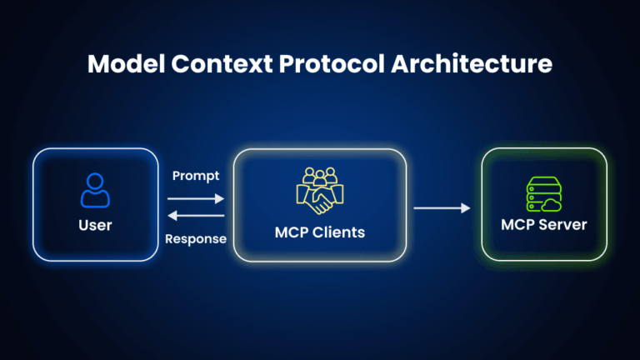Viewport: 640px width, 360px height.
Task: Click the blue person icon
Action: pyautogui.click(x=95, y=190)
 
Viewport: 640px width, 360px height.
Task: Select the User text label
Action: pyautogui.click(x=95, y=225)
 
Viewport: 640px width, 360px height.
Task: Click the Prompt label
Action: pyautogui.click(x=196, y=176)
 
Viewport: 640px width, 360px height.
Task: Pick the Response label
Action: pyautogui.click(x=196, y=239)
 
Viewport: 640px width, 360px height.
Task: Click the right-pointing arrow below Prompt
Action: pyautogui.click(x=196, y=198)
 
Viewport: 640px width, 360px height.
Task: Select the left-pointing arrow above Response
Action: pyautogui.click(x=196, y=216)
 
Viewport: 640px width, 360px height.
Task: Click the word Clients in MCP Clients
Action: pyautogui.click(x=337, y=232)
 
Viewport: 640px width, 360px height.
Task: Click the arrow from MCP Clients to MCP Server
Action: pyautogui.click(x=442, y=207)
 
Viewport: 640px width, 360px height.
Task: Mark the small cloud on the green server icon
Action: pyautogui.click(x=554, y=204)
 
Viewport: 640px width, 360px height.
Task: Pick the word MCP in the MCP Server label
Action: pyautogui.click(x=517, y=225)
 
